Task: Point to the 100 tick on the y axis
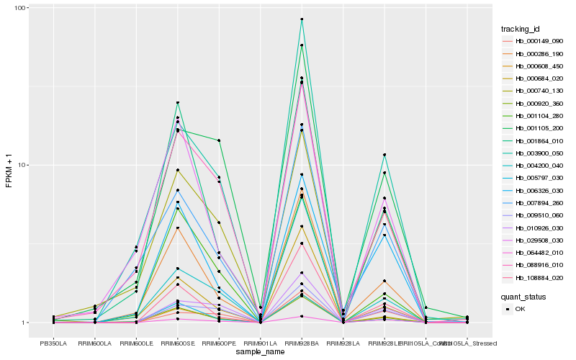pos(19,8)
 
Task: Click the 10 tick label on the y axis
pos(22,165)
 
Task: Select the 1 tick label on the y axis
pos(24,323)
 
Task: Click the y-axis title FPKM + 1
pos(8,165)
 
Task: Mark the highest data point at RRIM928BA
pos(302,19)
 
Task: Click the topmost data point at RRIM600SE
pos(177,103)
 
